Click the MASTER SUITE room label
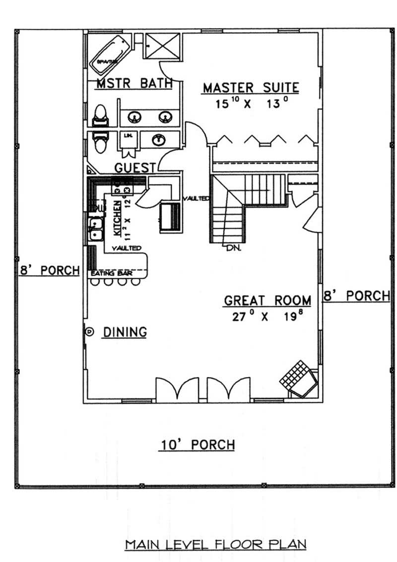point(251,88)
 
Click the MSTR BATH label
point(134,83)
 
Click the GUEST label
point(135,167)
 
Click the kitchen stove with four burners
point(122,187)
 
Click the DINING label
point(125,332)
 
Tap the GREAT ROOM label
point(267,301)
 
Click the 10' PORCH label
point(197,445)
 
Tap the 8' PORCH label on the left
point(50,270)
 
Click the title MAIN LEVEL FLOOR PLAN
point(215,544)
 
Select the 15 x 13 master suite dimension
point(251,104)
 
